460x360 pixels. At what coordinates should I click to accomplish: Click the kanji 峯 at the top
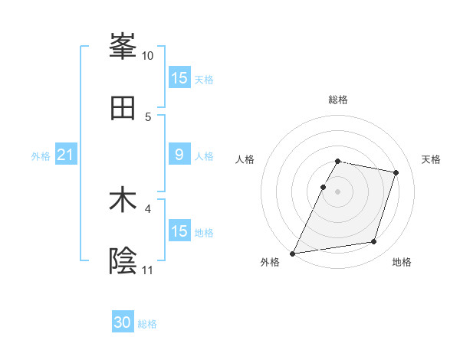pyautogui.click(x=123, y=46)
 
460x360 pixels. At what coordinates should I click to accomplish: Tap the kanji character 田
pyautogui.click(x=123, y=108)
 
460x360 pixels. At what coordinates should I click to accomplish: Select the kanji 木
pyautogui.click(x=123, y=201)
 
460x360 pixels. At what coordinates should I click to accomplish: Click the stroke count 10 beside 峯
pyautogui.click(x=148, y=56)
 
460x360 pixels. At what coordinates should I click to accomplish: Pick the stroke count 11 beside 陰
pyautogui.click(x=148, y=270)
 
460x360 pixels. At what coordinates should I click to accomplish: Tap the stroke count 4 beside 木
pyautogui.click(x=148, y=208)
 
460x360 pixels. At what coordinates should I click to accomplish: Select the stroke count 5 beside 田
pyautogui.click(x=148, y=116)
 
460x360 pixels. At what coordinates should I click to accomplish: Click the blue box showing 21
pyautogui.click(x=66, y=155)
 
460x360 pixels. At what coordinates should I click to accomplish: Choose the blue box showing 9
pyautogui.click(x=179, y=155)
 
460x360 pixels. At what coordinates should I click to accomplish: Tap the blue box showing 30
pyautogui.click(x=123, y=322)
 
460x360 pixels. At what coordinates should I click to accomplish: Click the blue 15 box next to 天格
pyautogui.click(x=179, y=78)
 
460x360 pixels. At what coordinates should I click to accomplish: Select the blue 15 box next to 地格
pyautogui.click(x=179, y=231)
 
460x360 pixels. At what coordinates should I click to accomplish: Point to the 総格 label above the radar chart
pyautogui.click(x=338, y=100)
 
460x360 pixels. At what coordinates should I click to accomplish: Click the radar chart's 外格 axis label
pyautogui.click(x=270, y=263)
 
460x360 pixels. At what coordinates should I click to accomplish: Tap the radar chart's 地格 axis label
pyautogui.click(x=402, y=263)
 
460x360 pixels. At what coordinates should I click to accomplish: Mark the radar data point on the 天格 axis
pyautogui.click(x=396, y=173)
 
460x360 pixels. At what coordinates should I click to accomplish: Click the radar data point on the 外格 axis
pyautogui.click(x=293, y=254)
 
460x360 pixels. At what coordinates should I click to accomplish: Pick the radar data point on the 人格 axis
pyautogui.click(x=323, y=187)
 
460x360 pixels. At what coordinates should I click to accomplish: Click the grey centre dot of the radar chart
pyautogui.click(x=338, y=191)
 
